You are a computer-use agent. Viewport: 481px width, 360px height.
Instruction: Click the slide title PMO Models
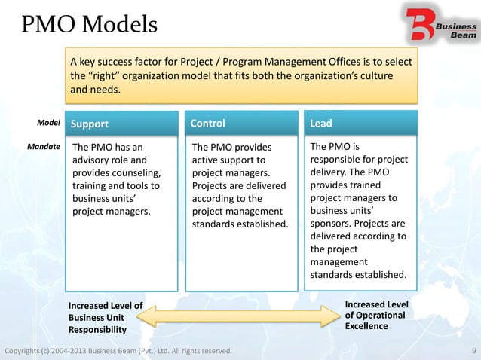click(89, 25)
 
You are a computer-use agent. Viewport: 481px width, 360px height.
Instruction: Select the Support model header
click(90, 124)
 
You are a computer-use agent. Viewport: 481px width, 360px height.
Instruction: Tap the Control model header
click(207, 123)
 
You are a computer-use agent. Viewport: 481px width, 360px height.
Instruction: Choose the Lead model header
click(320, 123)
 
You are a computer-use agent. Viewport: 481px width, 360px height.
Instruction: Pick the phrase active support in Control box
click(225, 160)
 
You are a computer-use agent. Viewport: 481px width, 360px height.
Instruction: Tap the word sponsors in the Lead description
click(332, 223)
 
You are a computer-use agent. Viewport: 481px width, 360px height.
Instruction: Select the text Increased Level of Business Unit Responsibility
click(105, 317)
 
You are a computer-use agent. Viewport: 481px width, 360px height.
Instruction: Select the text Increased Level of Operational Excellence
click(375, 315)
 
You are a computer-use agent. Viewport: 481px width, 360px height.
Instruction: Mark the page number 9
click(472, 351)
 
